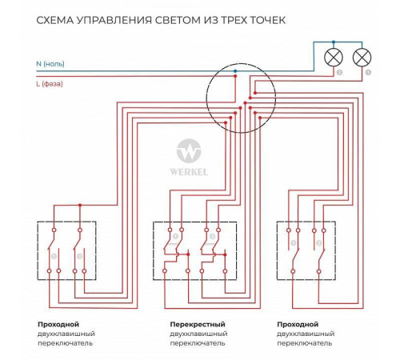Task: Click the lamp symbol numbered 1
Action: coord(363,58)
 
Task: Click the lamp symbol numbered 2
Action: coord(334,58)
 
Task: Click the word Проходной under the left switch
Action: coord(57,323)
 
